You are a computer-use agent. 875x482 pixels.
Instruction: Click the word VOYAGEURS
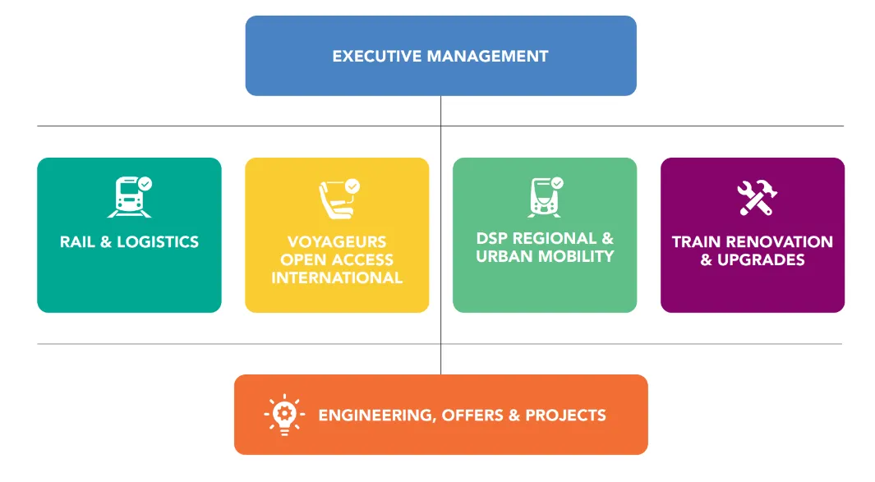point(337,242)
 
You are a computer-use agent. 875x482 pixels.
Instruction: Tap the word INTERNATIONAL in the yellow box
point(337,278)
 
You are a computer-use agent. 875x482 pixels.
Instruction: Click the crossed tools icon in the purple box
point(753,198)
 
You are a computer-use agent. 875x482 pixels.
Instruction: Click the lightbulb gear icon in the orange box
point(284,415)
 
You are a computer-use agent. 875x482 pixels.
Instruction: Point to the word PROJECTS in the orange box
point(565,415)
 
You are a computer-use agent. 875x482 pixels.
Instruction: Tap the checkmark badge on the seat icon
point(352,186)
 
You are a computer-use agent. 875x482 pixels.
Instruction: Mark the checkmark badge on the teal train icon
point(145,184)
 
